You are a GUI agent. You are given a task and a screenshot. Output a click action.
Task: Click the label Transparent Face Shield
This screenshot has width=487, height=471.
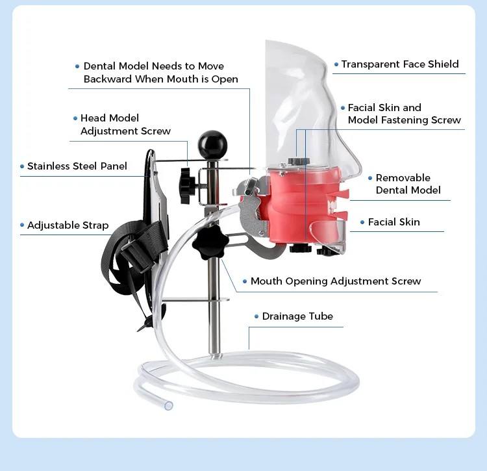pos(400,64)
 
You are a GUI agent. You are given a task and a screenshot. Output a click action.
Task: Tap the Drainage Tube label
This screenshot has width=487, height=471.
pos(297,316)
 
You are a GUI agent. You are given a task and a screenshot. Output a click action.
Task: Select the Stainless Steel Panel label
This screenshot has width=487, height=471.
pos(77,166)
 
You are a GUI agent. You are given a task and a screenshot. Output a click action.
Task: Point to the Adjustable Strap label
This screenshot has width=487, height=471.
pos(68,225)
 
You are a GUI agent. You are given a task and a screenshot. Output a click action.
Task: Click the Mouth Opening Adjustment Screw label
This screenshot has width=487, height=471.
pos(336,281)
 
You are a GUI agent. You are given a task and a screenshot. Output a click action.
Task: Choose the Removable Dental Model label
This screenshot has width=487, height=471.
pos(408,184)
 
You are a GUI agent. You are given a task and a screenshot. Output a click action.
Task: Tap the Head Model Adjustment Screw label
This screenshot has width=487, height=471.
pos(125,125)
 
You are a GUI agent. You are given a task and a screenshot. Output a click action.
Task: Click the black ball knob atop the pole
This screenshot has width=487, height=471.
pos(212,143)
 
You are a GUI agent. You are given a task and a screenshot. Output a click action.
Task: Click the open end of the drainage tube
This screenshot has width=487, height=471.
pos(169,405)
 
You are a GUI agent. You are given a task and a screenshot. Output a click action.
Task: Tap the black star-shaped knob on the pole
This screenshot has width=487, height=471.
pos(209,244)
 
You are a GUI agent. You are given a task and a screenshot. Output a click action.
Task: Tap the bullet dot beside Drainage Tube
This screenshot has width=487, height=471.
pos(256,317)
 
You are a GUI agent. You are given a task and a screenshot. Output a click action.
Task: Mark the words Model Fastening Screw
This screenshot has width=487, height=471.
pos(404,120)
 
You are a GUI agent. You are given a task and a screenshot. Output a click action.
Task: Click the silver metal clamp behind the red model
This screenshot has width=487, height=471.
pos(252,208)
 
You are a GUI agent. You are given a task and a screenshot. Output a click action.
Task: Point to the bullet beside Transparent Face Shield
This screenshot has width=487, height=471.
pos(336,64)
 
